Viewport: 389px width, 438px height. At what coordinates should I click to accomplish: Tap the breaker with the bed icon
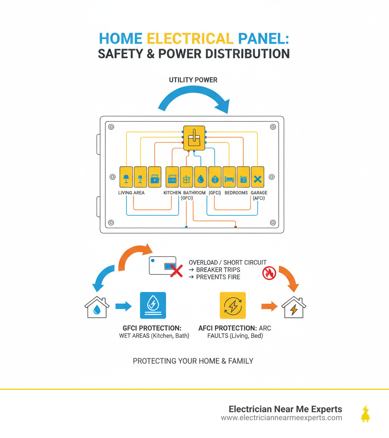pos(229,177)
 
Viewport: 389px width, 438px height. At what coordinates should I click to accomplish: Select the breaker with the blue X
pos(257,177)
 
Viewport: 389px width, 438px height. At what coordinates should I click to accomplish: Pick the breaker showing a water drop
pos(201,177)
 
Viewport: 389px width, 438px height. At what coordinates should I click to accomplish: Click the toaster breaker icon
pos(155,177)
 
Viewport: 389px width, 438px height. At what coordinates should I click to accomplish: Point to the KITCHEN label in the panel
pos(172,193)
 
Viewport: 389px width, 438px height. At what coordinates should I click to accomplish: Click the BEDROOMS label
pos(236,193)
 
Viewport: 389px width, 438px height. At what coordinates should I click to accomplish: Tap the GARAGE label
pos(259,193)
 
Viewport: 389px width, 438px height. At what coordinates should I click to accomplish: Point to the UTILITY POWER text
pos(193,80)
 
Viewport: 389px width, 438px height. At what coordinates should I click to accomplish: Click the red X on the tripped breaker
pos(175,271)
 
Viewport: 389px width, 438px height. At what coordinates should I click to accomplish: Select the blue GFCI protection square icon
pos(153,305)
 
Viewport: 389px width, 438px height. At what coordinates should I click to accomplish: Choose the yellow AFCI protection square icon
pos(233,305)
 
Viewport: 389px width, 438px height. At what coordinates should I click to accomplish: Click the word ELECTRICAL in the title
pos(190,38)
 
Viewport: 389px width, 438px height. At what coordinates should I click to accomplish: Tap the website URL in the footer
pos(281,418)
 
